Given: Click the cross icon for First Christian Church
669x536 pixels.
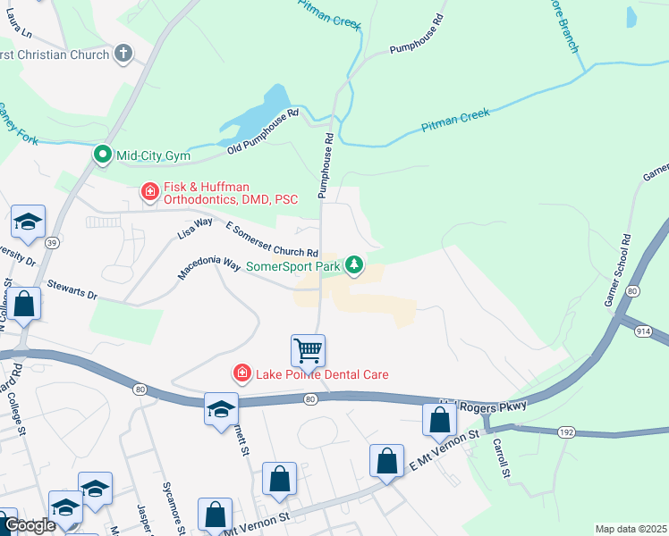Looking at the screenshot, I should (123, 54).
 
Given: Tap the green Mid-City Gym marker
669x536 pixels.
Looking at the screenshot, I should (103, 155).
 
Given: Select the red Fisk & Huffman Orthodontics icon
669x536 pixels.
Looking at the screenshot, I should (149, 191).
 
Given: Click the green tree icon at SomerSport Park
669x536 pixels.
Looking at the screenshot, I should (355, 264).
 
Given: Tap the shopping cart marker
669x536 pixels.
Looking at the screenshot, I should (308, 349).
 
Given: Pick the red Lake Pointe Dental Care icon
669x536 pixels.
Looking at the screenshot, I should (241, 373).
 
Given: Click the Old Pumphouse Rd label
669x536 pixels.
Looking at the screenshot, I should (261, 132).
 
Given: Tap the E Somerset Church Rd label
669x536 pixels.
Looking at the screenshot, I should (272, 239).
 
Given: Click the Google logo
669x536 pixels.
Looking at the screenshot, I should (29, 525).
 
